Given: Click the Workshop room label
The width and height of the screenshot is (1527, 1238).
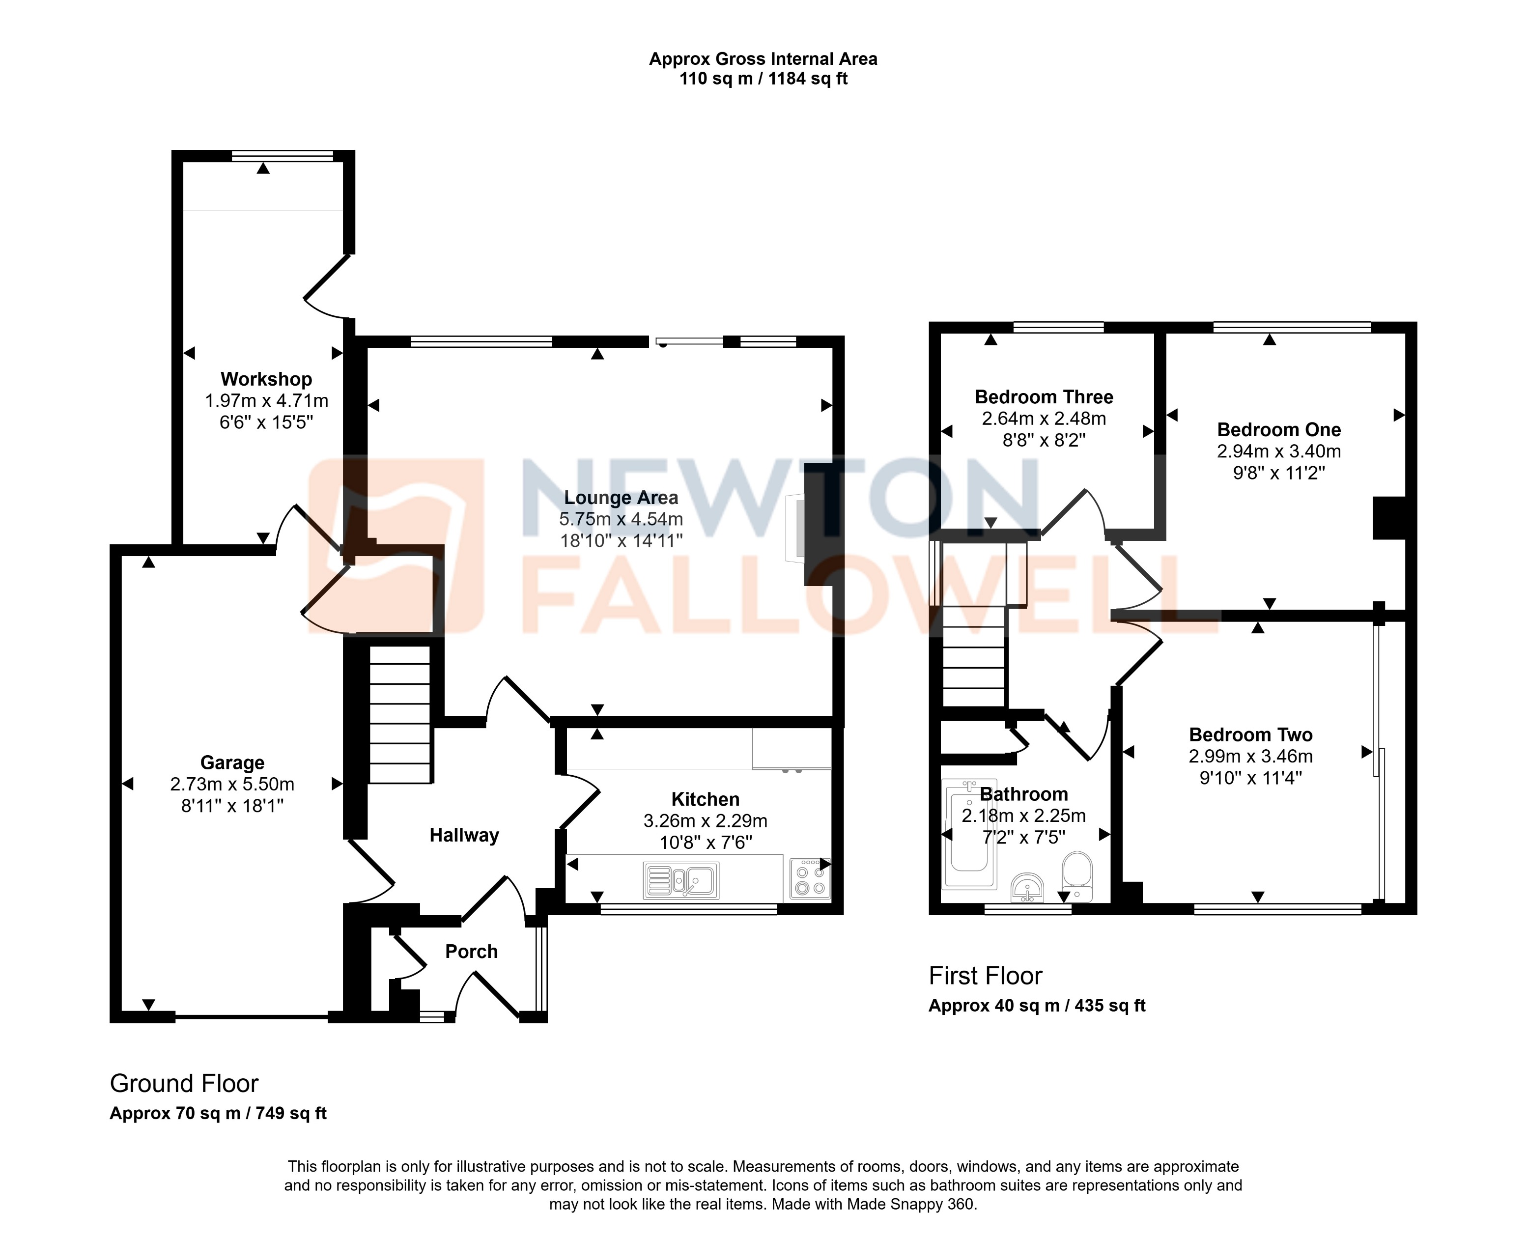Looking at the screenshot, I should pyautogui.click(x=266, y=379).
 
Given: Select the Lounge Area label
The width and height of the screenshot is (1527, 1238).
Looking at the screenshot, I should pyautogui.click(x=621, y=498).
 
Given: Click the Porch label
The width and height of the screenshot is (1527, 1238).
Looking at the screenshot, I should pyautogui.click(x=471, y=951).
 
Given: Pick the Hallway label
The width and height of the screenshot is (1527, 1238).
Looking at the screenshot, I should pyautogui.click(x=464, y=835).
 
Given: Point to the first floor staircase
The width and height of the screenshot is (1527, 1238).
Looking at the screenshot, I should pyautogui.click(x=974, y=656).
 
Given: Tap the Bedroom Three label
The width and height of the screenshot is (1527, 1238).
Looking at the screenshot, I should pyautogui.click(x=1044, y=397).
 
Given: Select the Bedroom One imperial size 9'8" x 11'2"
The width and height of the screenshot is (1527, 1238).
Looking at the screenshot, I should pyautogui.click(x=1279, y=473).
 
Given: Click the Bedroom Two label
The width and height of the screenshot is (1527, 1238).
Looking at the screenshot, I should pyautogui.click(x=1250, y=734).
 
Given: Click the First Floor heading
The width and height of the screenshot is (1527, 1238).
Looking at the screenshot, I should pyautogui.click(x=985, y=976).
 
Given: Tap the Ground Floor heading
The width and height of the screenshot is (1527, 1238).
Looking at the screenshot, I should pyautogui.click(x=184, y=1083).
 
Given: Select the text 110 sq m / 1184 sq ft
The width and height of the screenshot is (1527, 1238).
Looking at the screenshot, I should pyautogui.click(x=763, y=79).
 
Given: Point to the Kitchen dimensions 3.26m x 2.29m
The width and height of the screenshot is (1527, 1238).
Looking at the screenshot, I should pyautogui.click(x=705, y=821).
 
